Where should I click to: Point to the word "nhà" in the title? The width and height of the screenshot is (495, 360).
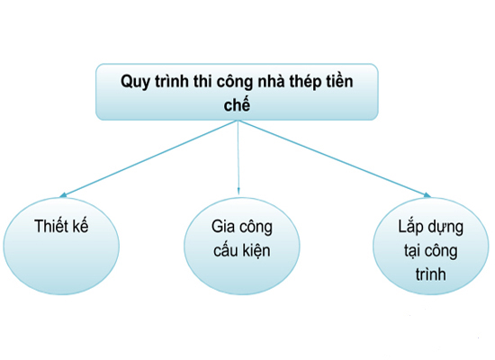(271, 81)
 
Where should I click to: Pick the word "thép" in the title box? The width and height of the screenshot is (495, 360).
(305, 83)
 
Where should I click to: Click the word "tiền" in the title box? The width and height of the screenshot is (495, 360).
(339, 81)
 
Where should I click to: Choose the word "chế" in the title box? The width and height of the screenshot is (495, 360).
(237, 103)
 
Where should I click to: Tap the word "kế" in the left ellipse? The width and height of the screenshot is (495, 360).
(80, 226)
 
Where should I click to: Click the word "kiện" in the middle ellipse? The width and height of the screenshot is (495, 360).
(256, 251)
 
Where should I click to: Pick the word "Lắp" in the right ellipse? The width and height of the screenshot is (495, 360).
(409, 226)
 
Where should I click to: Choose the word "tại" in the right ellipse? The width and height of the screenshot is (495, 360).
(412, 252)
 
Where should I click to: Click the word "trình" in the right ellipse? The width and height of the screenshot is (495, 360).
(430, 274)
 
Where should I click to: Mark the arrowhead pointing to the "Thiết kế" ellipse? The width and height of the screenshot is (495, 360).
(63, 195)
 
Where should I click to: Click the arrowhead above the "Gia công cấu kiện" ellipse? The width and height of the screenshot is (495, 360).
(238, 191)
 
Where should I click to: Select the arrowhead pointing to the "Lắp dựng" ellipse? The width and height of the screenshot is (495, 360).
(427, 195)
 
